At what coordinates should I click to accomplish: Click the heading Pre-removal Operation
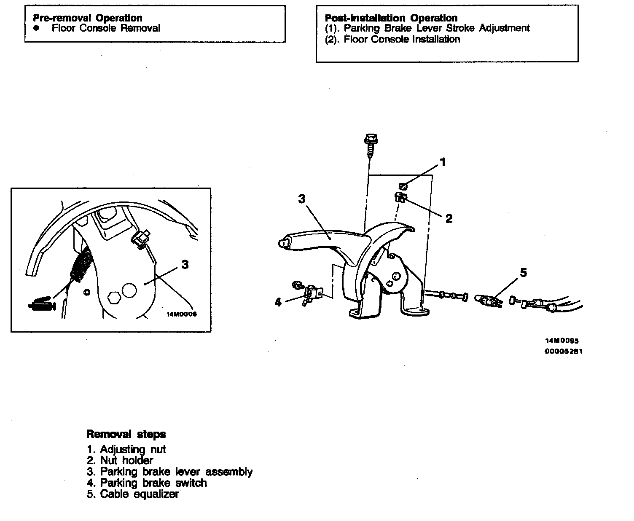[87, 18]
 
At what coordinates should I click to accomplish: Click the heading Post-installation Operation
[391, 18]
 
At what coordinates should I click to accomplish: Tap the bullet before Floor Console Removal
[37, 28]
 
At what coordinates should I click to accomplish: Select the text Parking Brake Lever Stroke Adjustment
[437, 28]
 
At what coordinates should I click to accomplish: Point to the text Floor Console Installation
[402, 39]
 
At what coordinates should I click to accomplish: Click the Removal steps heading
[126, 434]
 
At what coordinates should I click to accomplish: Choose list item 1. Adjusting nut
[126, 449]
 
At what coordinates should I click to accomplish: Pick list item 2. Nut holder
[120, 460]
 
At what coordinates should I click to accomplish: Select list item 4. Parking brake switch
[147, 483]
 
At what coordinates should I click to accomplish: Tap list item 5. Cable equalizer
[133, 494]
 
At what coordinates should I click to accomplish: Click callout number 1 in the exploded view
[443, 162]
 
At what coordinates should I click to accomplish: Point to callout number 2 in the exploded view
[449, 218]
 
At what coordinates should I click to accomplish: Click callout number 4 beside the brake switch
[278, 302]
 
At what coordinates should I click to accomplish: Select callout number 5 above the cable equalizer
[523, 273]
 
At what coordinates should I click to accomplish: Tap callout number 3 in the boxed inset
[185, 265]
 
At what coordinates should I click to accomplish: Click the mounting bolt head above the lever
[370, 139]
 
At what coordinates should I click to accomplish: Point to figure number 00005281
[564, 351]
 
